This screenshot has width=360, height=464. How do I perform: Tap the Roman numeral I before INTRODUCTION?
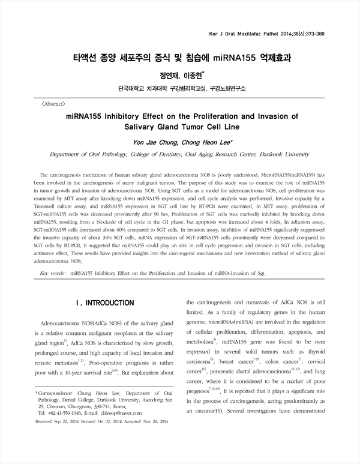pyautogui.click(x=74, y=303)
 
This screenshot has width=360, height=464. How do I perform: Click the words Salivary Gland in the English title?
pyautogui.click(x=157, y=127)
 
